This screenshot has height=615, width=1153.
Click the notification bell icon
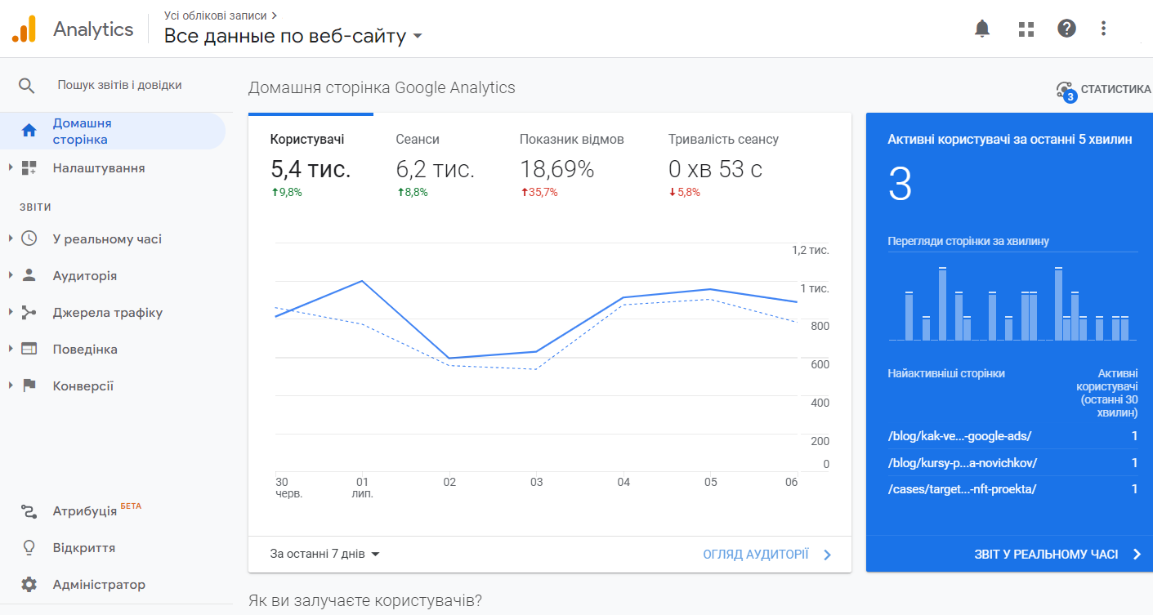[x=982, y=29]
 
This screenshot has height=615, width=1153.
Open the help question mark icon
[x=1066, y=29]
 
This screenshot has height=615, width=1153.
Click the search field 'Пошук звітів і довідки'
[x=119, y=85]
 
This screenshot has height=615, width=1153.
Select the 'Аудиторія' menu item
[x=85, y=276]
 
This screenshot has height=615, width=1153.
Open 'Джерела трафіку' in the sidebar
[x=107, y=313]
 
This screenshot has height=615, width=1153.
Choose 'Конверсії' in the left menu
[x=83, y=386]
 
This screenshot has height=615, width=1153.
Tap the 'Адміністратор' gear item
[x=99, y=585]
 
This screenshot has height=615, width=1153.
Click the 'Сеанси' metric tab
[x=418, y=140]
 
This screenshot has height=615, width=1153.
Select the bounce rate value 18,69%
[x=556, y=170]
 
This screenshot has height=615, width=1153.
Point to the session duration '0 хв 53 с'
[x=715, y=170]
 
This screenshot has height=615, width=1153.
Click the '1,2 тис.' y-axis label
[x=810, y=250]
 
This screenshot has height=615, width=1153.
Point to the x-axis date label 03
[x=536, y=482]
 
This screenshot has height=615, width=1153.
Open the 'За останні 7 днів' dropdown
[x=325, y=554]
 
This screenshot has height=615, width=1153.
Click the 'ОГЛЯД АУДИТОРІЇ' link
[x=756, y=555]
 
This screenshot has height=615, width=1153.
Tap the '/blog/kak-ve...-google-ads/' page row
[x=959, y=436]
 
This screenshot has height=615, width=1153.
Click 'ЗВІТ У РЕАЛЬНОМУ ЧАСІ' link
[x=1046, y=555]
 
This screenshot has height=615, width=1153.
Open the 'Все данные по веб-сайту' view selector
[x=293, y=36]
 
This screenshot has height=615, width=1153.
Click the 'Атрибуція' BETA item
[x=85, y=511]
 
